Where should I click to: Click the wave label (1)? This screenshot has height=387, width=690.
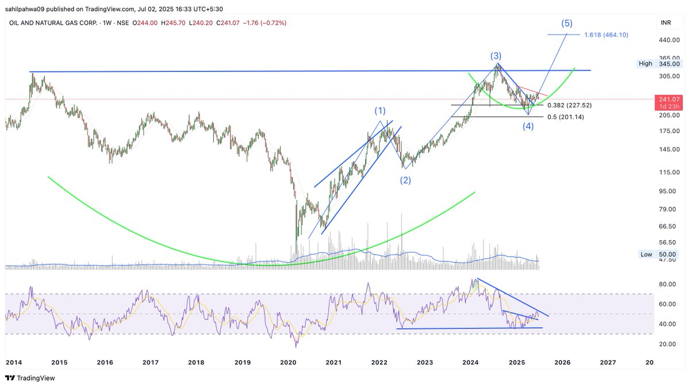[x=380, y=110]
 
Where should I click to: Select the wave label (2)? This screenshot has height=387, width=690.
[x=405, y=180]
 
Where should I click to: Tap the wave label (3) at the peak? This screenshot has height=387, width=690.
[x=496, y=56]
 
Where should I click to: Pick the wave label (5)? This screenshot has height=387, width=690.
[x=566, y=24]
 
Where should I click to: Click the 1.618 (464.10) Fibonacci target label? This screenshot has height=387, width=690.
[x=606, y=35]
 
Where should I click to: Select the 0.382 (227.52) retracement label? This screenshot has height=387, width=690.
[x=569, y=105]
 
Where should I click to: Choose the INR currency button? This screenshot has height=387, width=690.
[x=665, y=22]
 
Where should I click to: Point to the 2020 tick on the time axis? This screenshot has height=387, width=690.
[x=287, y=362]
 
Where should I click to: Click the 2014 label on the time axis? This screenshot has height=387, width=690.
[x=14, y=362]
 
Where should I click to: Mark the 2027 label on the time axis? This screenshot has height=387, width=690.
[x=608, y=362]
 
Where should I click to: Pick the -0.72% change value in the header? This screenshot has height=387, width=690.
[x=275, y=22]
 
